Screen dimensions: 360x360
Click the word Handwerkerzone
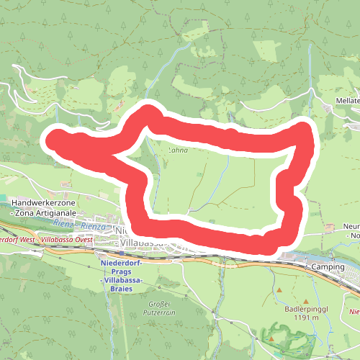[x=45, y=204]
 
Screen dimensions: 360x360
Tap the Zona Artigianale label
[x=48, y=214]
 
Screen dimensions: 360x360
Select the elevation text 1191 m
[x=302, y=318]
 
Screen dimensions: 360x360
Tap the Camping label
[x=328, y=267]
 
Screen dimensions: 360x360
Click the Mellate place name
[x=348, y=101]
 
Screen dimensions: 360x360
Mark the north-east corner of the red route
[x=309, y=130]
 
